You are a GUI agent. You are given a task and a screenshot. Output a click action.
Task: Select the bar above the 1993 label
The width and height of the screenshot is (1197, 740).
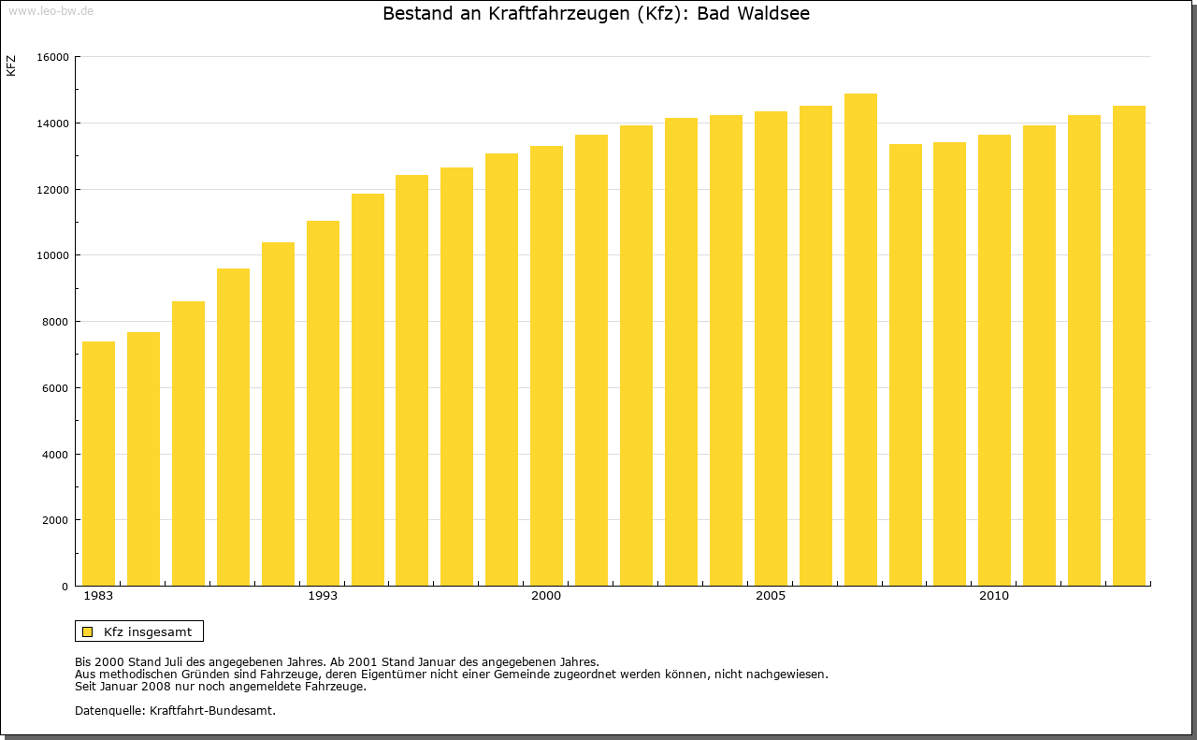323,402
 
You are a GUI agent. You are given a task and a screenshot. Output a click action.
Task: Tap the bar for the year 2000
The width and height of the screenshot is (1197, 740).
546,365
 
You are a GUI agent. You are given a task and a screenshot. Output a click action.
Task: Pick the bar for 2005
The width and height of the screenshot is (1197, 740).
771,348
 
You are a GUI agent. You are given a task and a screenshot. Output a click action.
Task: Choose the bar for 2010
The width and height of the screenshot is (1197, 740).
994,360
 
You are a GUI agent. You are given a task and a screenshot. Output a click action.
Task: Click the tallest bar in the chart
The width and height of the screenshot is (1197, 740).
860,339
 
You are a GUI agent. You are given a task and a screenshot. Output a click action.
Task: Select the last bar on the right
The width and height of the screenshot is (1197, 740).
1129,345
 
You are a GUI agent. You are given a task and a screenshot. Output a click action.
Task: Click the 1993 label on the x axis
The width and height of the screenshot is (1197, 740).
323,596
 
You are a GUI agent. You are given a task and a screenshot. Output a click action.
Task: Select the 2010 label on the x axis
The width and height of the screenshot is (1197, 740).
994,596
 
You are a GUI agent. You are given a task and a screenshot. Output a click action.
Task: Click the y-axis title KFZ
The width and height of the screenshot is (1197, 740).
11,65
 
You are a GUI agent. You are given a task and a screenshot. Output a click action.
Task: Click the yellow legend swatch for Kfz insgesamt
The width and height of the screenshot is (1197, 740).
87,631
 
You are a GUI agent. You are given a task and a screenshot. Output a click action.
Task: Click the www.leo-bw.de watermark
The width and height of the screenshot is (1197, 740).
50,10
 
